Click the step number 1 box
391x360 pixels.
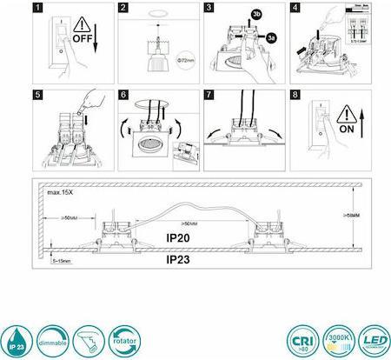36,9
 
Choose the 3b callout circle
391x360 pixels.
255,16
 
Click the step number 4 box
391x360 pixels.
295,9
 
